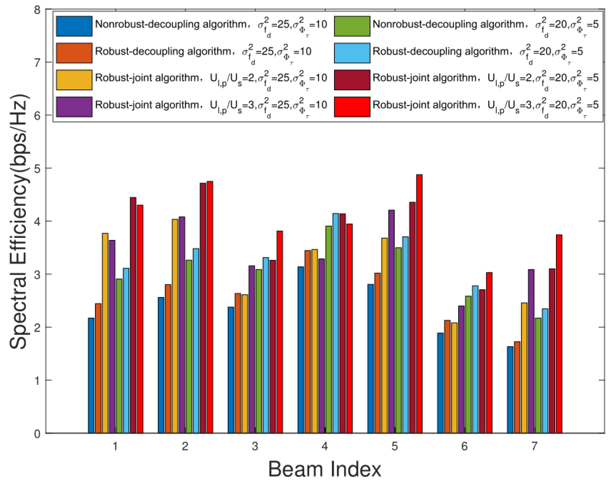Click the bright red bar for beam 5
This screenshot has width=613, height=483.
[x=419, y=304]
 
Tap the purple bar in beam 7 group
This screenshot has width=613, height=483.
[x=531, y=351]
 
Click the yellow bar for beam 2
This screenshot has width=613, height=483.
[x=175, y=326]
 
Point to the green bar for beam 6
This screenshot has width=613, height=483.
[x=468, y=365]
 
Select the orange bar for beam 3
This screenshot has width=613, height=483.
[x=238, y=363]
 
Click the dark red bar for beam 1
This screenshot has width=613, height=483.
[x=133, y=315]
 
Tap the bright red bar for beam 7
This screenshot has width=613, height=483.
[x=559, y=334]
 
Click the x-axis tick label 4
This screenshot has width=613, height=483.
[x=324, y=446]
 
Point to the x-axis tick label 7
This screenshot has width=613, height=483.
[x=534, y=446]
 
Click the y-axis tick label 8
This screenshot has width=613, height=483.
[x=37, y=10]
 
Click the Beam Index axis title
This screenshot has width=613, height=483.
[x=324, y=470]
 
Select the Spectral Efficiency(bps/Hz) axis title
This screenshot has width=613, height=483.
[x=19, y=222]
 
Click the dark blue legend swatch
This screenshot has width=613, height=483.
[x=74, y=26]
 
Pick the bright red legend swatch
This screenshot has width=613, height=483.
[x=352, y=106]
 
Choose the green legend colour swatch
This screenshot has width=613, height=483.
[x=352, y=26]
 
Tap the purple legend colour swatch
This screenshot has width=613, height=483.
[x=74, y=106]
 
